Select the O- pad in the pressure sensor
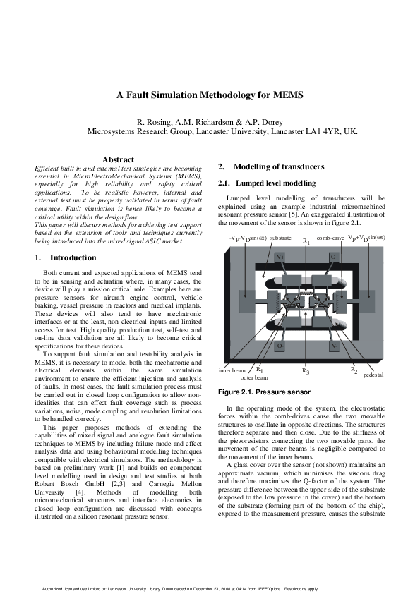[280, 346]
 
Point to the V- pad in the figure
[335, 346]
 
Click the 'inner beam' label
[232, 370]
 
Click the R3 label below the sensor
[306, 370]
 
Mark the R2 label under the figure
[354, 370]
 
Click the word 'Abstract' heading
[118, 160]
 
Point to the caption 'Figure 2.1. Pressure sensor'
[254, 391]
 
